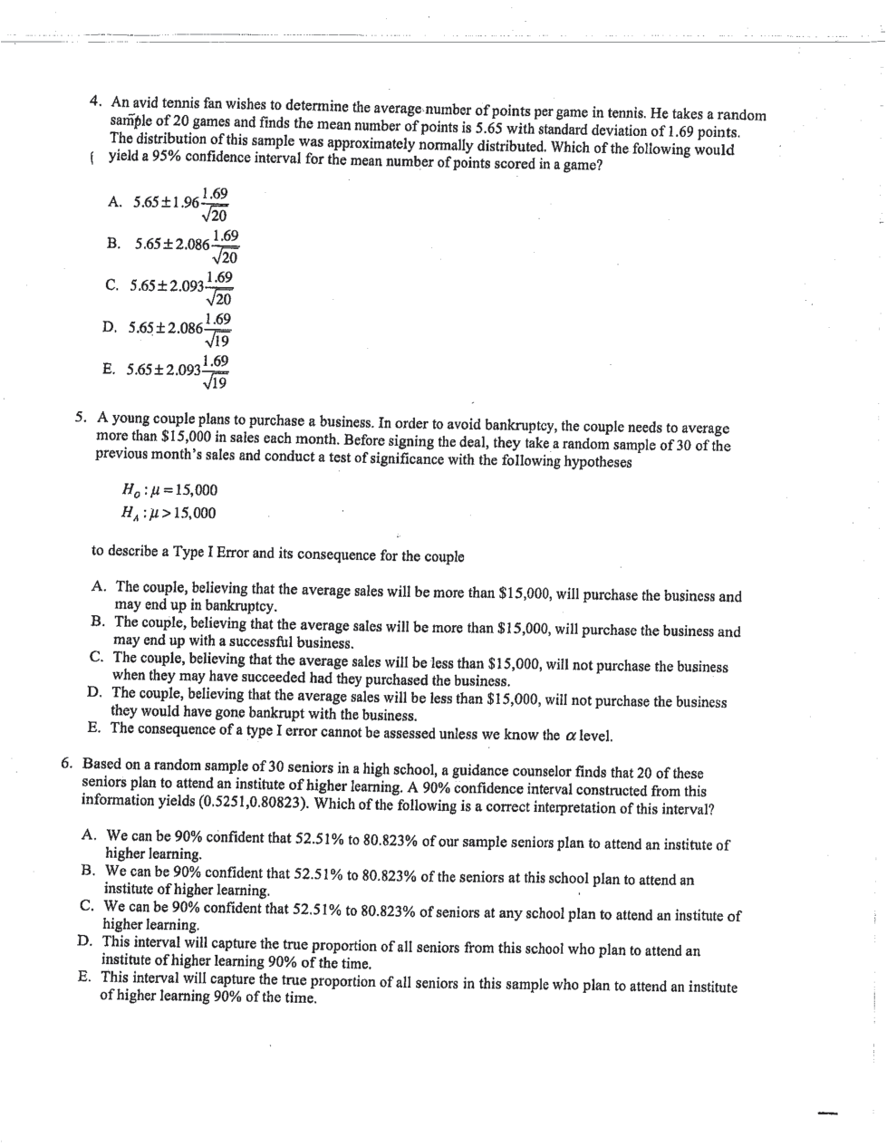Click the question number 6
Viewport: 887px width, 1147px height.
[68, 762]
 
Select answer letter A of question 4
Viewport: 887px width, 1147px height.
[114, 202]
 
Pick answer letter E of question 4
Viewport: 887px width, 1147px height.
[108, 369]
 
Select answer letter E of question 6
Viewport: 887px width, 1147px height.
[83, 978]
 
